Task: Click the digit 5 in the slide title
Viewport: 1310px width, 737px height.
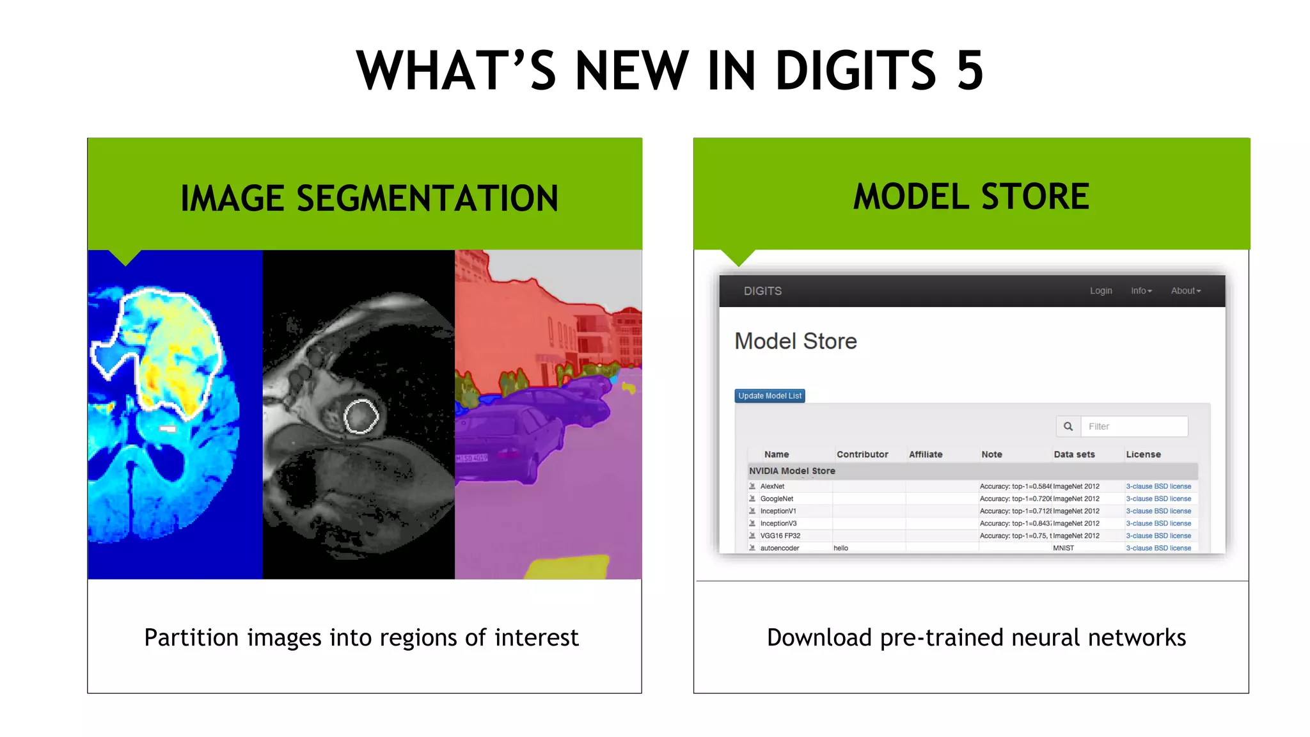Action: [970, 70]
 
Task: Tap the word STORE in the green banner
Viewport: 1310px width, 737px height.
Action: [1035, 196]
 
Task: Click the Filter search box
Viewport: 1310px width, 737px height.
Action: [1133, 427]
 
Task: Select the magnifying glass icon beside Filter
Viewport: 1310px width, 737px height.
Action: [1068, 427]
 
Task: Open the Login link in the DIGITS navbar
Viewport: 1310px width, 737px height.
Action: [1101, 291]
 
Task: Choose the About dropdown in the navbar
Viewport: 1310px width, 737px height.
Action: [1185, 291]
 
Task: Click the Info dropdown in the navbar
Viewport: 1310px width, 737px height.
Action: [1141, 291]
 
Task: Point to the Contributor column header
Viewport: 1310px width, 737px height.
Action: [862, 455]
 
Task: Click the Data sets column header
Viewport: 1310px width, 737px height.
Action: [1074, 455]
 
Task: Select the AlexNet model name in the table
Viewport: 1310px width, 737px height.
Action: [772, 487]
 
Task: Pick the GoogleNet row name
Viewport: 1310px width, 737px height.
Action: [777, 499]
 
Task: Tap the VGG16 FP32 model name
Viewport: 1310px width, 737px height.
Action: [780, 536]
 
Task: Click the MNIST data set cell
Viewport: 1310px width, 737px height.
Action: [1063, 548]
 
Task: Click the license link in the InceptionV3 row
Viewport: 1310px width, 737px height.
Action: [1158, 524]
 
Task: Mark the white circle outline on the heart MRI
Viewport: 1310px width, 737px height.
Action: [361, 416]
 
